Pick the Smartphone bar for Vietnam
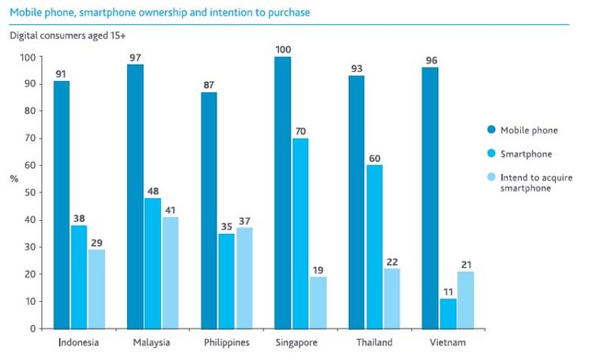click(448, 313)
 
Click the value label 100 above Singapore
click(283, 48)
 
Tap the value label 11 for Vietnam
click(448, 291)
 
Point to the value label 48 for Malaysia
click(154, 191)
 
